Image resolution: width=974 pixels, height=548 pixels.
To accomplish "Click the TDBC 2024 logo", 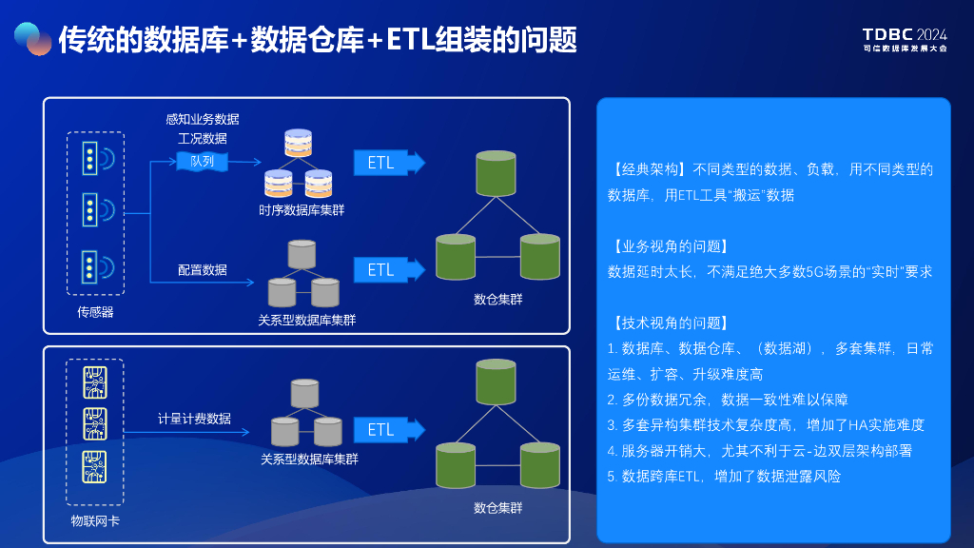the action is (905, 39).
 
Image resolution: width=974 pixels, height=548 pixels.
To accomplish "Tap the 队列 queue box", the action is (202, 162).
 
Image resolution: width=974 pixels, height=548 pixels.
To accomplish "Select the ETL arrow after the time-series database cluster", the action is (389, 163).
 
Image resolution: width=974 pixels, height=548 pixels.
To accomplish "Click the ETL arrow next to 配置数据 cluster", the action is (389, 269).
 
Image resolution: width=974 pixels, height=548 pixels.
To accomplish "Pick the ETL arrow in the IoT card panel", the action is (389, 429).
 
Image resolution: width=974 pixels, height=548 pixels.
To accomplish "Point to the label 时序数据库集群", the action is (302, 210).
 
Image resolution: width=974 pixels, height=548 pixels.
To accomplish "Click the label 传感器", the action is (95, 312).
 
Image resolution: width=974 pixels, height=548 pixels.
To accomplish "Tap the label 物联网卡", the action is (95, 520).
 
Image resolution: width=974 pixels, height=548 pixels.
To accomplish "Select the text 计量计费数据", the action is (194, 419).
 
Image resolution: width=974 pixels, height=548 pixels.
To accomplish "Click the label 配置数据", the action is (203, 269).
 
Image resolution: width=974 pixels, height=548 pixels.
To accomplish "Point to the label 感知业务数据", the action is (203, 119).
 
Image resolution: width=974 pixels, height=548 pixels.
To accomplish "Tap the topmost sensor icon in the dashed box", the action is (98, 159).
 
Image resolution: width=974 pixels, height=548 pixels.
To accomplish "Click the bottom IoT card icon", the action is (95, 466).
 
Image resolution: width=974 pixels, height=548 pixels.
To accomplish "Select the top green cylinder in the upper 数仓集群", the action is (496, 173).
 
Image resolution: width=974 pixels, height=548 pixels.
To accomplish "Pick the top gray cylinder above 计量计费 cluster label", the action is (304, 393).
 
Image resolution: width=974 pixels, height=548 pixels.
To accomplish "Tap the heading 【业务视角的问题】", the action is (668, 246).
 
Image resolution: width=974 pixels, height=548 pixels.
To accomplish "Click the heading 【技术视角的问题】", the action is (668, 323).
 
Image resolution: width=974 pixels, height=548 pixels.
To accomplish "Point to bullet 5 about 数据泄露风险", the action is (724, 476).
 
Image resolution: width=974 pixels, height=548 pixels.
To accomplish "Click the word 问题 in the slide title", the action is (549, 40).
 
